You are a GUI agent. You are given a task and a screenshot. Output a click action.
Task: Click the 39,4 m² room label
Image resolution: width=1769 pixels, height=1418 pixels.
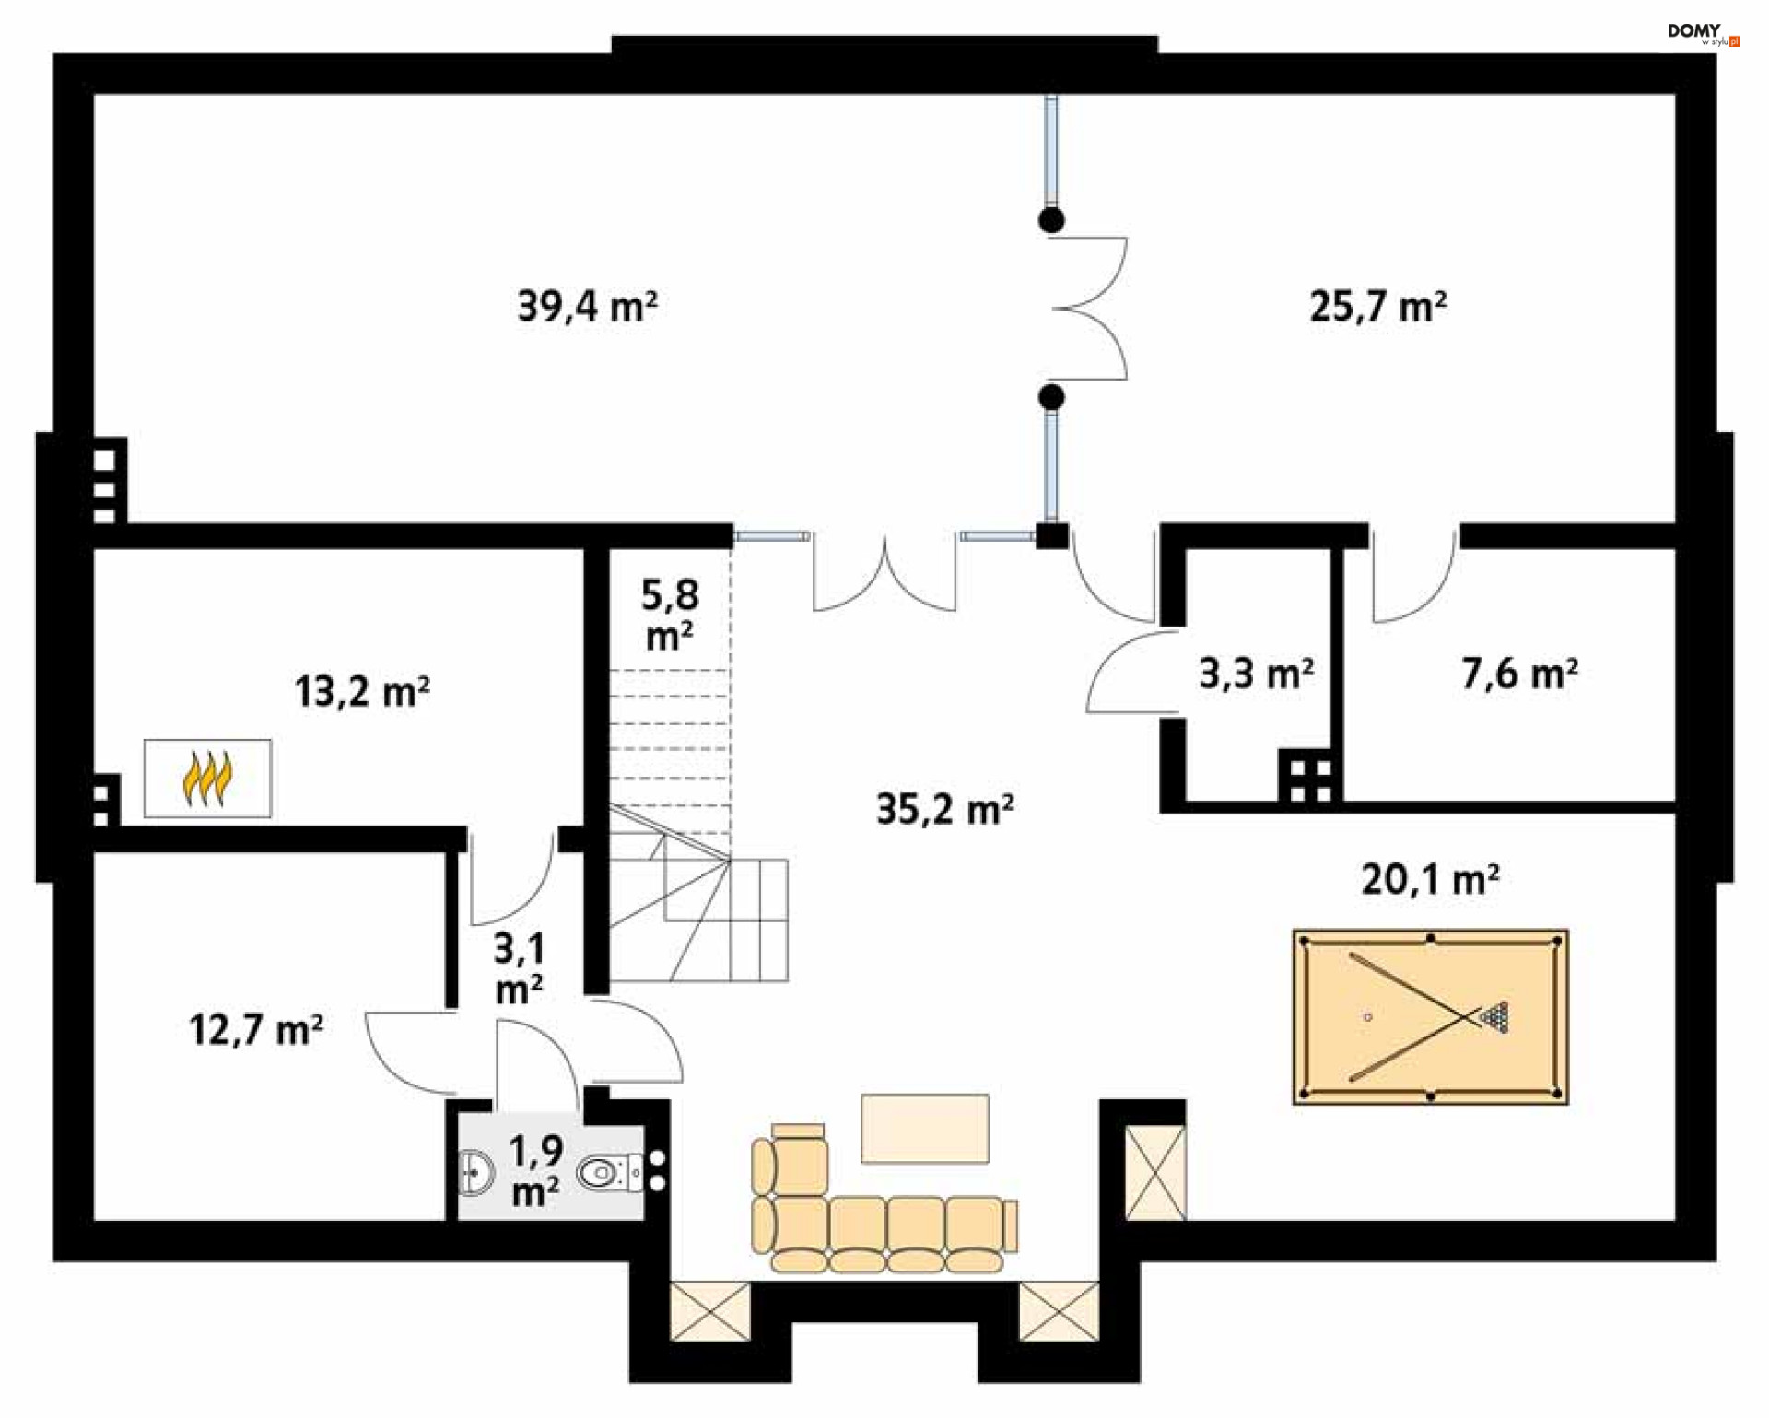click(x=587, y=306)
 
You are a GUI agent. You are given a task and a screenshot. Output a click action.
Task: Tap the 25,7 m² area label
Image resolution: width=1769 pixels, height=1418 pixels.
click(x=1377, y=306)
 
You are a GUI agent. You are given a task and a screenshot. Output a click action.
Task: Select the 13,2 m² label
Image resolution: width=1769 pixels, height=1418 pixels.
click(x=362, y=691)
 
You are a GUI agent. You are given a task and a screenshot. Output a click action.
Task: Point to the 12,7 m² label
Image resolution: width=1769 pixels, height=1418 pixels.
click(x=256, y=1029)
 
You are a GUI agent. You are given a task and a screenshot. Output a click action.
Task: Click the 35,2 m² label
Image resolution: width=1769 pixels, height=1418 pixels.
click(x=944, y=808)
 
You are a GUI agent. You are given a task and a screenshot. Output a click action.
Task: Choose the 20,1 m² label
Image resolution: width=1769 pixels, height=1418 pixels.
click(x=1430, y=879)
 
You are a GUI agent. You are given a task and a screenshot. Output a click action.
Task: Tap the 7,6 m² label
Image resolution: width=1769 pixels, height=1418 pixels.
click(x=1519, y=674)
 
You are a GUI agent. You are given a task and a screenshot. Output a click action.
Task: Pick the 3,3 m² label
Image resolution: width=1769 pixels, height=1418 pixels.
click(x=1257, y=674)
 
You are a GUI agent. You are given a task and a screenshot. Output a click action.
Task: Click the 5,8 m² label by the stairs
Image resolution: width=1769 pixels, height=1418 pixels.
click(x=670, y=615)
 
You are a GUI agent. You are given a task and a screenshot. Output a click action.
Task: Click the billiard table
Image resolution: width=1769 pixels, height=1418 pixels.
click(x=1430, y=1017)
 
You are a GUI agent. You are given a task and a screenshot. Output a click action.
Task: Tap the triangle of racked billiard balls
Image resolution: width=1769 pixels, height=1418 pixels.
click(x=1495, y=1017)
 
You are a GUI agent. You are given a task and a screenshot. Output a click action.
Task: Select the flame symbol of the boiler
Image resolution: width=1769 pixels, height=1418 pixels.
click(x=207, y=779)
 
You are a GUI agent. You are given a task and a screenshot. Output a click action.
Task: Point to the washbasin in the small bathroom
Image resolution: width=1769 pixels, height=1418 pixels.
click(x=475, y=1173)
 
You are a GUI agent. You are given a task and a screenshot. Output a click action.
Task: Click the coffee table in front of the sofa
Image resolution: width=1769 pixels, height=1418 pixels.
click(x=925, y=1129)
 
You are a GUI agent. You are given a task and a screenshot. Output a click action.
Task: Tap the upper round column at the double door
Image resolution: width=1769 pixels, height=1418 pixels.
click(x=1051, y=220)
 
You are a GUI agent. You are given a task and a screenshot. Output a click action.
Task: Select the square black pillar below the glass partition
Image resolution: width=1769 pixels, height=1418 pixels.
click(x=1051, y=535)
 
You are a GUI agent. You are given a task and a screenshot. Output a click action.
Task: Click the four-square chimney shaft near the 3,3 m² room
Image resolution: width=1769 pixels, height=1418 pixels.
click(x=1310, y=779)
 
